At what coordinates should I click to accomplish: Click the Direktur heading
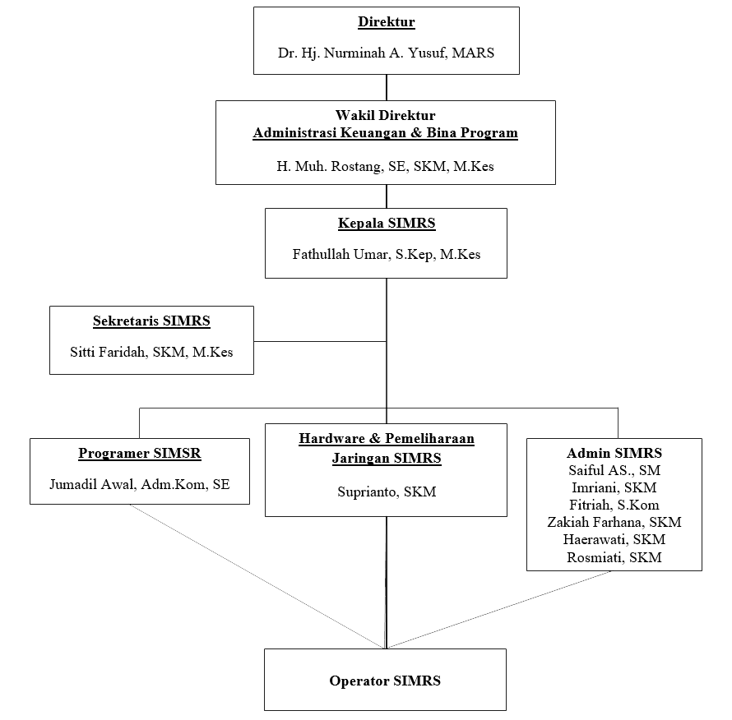point(386,22)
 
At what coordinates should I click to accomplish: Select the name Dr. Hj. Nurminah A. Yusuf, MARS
point(386,53)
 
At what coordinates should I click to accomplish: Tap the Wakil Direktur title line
point(385,115)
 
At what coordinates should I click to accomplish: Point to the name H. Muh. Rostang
point(331,167)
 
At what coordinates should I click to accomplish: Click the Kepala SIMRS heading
point(387,223)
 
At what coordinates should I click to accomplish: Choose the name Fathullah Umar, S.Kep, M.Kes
point(386,254)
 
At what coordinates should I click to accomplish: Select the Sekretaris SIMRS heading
point(151,321)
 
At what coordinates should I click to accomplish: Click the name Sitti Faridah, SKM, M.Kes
point(151,352)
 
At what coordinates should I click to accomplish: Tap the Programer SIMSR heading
point(140,453)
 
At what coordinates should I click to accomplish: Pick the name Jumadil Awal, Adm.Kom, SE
point(140,484)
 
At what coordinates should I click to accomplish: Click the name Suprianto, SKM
point(387,492)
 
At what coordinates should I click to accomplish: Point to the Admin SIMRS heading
point(614,453)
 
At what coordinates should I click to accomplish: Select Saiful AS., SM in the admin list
point(614,470)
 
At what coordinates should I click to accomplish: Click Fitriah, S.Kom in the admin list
point(614,505)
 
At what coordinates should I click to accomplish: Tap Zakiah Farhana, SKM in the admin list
point(614,522)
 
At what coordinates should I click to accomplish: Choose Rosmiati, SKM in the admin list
point(614,557)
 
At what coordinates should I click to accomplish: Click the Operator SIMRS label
point(385,681)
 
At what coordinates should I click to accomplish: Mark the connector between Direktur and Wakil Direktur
point(387,87)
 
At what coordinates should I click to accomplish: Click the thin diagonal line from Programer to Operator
point(257,576)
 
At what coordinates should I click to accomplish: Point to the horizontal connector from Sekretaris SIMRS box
point(320,341)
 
